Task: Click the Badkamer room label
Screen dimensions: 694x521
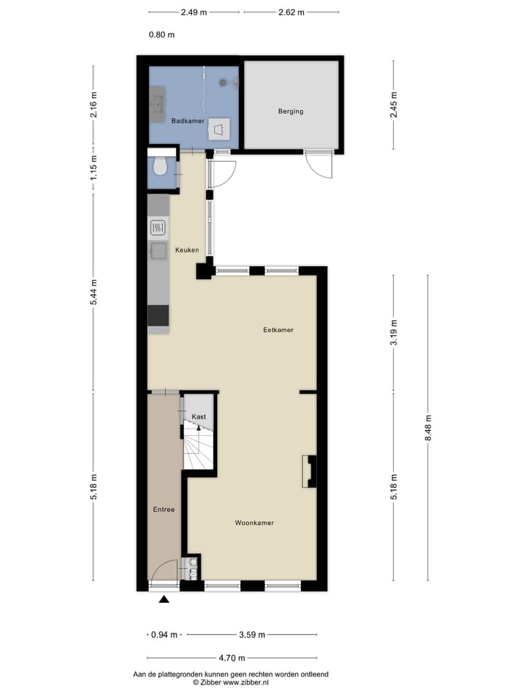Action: coord(188,121)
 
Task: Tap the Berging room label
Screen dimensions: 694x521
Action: coord(291,111)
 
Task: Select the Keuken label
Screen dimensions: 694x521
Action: coord(187,250)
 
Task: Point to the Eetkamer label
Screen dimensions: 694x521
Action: coord(278,330)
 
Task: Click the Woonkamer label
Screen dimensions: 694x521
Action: coord(254,522)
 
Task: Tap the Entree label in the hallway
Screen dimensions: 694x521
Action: coord(164,510)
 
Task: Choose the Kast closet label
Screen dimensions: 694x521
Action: coord(198,417)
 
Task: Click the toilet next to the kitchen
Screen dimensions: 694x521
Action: coord(161,168)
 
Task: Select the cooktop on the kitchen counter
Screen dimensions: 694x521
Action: coord(158,229)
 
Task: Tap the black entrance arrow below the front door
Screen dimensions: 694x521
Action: coord(164,599)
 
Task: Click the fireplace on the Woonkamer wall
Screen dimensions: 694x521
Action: coord(309,471)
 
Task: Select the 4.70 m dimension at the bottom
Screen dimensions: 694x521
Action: coord(232,658)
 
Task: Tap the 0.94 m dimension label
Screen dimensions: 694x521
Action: coord(163,635)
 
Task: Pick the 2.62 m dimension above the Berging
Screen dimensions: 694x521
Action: coord(291,12)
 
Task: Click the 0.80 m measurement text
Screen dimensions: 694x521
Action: coord(161,34)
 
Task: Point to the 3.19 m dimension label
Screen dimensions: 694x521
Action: coord(394,333)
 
